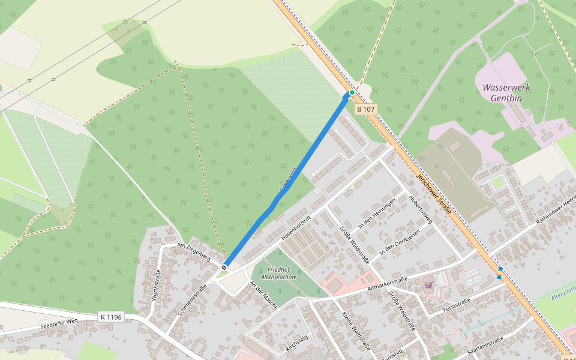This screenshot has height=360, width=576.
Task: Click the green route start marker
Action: [352, 92]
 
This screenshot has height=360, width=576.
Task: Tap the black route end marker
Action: [224, 268]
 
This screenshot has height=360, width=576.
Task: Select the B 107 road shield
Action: [365, 110]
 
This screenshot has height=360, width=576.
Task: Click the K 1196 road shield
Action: [110, 316]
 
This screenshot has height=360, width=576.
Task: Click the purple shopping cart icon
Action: [428, 285]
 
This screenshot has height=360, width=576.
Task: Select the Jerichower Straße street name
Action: [433, 195]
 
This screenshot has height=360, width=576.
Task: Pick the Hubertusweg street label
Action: [421, 209]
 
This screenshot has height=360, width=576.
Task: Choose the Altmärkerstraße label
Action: [388, 284]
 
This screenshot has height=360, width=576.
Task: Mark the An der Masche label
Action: [264, 295]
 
